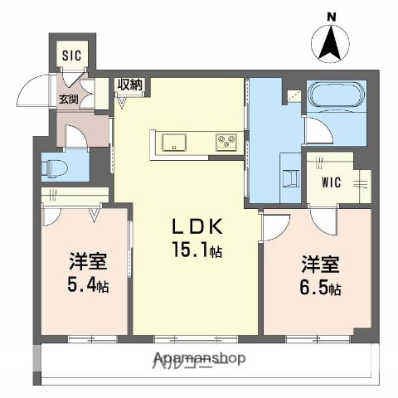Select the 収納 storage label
click(x=129, y=85)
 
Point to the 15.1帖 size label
click(x=197, y=249)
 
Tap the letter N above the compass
click(x=331, y=17)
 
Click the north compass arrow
click(x=331, y=43)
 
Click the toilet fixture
click(x=53, y=166)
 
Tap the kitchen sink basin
click(x=176, y=140)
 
